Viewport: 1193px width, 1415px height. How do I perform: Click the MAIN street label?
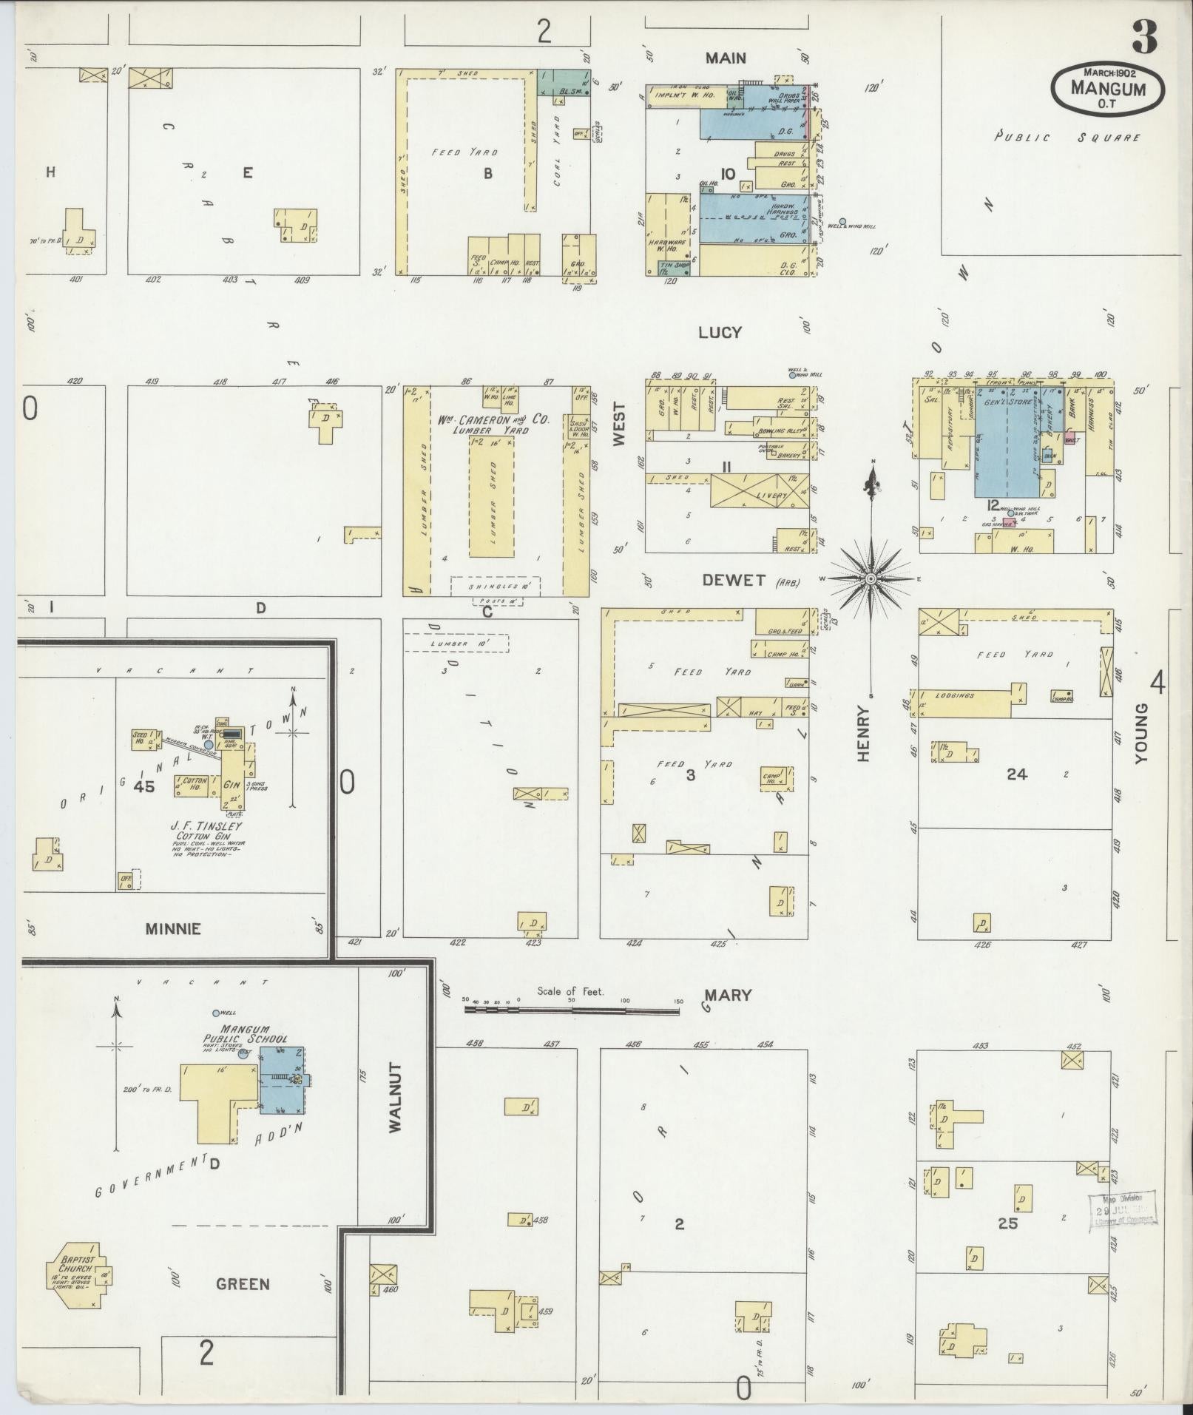(x=725, y=58)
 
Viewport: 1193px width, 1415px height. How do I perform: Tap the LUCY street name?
(x=719, y=333)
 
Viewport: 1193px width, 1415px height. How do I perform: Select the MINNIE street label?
(x=173, y=928)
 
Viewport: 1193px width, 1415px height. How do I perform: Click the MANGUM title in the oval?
(x=1108, y=88)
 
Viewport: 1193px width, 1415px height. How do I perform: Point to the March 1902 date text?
(x=1109, y=72)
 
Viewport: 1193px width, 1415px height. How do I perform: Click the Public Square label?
(x=1067, y=137)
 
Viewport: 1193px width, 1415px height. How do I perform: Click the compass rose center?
(x=872, y=578)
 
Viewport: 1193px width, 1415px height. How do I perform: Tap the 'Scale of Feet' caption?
(x=570, y=990)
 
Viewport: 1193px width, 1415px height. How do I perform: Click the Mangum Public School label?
(x=245, y=1034)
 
